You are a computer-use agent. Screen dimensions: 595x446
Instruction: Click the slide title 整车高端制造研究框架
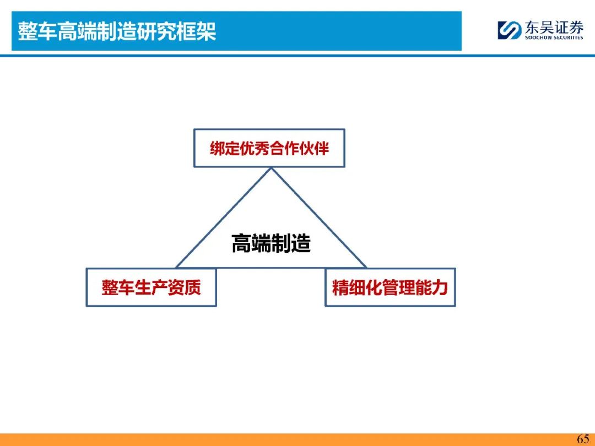pos(117,31)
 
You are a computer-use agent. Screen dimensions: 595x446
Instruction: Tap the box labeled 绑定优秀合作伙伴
pos(269,148)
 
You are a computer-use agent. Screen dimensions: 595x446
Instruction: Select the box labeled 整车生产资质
pos(152,287)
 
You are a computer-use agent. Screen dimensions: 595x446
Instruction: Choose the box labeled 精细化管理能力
pos(390,287)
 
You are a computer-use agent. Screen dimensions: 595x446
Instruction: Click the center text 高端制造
pos(271,243)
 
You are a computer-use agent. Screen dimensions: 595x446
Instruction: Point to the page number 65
pos(583,439)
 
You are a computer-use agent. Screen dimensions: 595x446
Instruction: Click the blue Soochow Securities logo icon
pos(510,30)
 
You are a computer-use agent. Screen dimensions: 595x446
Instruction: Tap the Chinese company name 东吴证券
pos(554,28)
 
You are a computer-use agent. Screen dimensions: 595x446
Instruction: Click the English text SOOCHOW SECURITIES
pos(554,37)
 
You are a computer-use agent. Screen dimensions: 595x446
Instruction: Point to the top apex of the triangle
pos(271,167)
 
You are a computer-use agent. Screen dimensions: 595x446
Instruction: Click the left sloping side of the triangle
pos(224,217)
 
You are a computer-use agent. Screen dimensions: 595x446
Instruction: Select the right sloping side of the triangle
pos(319,217)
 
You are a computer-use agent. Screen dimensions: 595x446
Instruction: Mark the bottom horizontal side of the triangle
pos(271,268)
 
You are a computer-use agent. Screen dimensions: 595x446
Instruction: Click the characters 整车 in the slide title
pos(37,31)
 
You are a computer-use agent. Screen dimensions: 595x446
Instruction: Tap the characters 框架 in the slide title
pos(197,31)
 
